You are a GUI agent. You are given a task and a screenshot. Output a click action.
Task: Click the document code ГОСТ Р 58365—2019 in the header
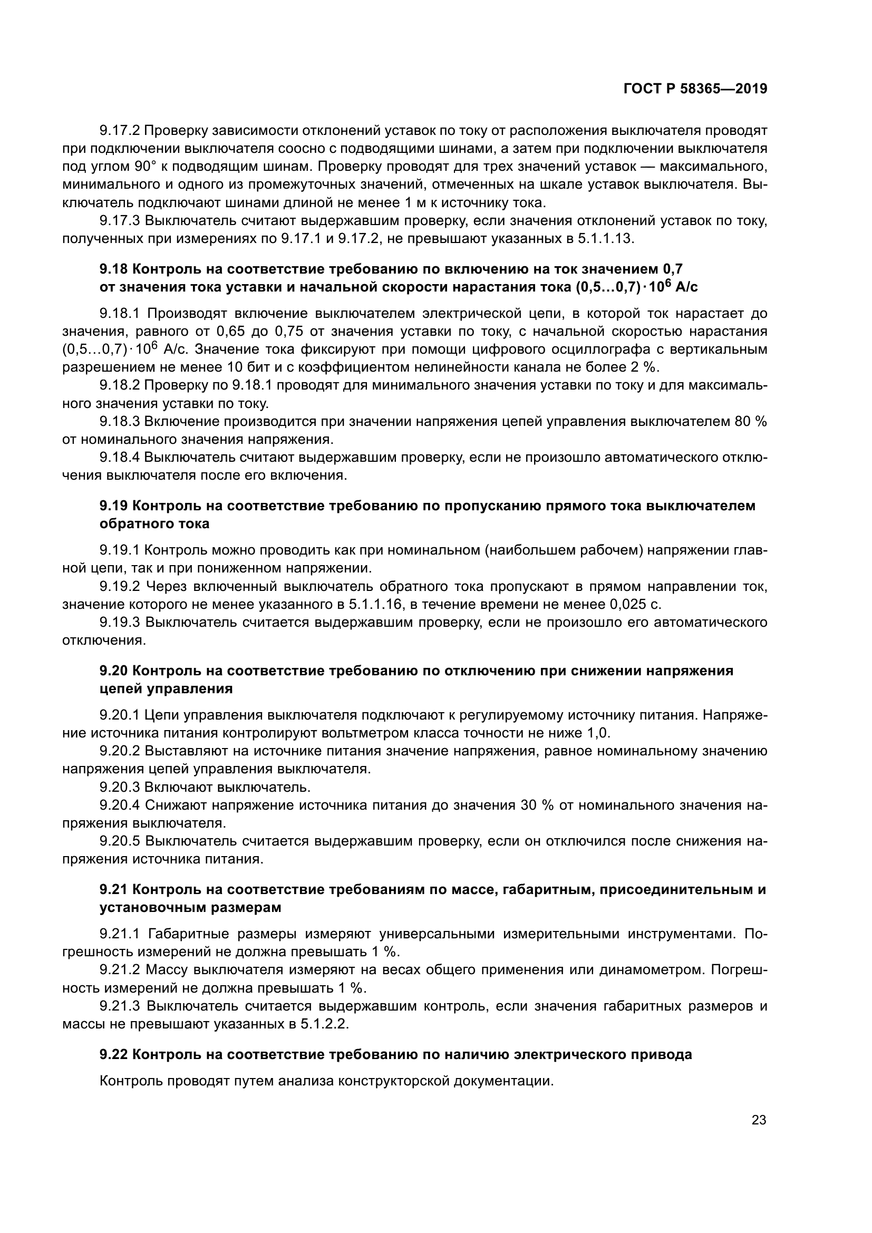coord(695,89)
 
